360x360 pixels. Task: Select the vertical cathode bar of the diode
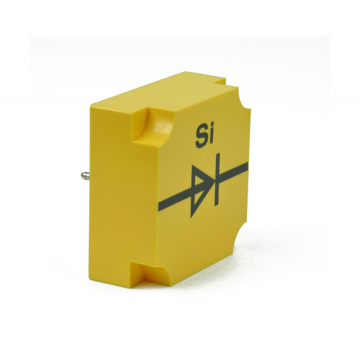(x=217, y=179)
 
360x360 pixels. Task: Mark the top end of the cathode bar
(x=218, y=153)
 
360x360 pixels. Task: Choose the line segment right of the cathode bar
(x=234, y=171)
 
